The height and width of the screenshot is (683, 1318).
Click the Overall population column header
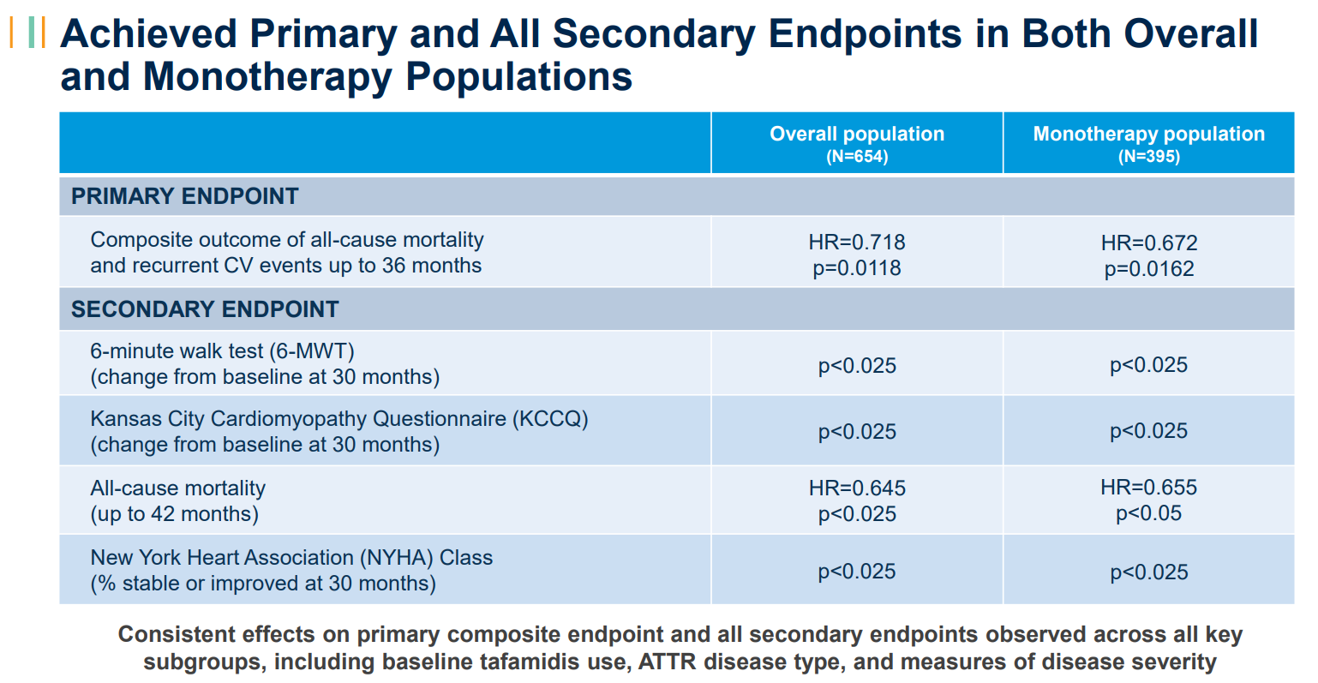coord(857,135)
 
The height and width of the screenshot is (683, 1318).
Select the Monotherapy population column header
coord(1148,135)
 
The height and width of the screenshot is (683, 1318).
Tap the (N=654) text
coord(857,157)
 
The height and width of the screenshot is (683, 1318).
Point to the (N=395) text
coord(1148,157)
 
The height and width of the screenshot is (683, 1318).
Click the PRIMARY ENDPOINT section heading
coord(185,196)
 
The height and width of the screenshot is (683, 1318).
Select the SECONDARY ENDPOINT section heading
coord(205,309)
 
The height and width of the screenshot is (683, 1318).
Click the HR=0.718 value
coord(857,242)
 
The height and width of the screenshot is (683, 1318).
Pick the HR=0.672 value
coord(1148,243)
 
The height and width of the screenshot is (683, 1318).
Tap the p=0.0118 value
coord(857,268)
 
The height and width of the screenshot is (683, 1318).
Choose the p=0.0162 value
coord(1148,269)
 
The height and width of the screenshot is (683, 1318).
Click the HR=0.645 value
coord(857,488)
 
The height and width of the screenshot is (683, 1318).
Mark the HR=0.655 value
coord(1148,487)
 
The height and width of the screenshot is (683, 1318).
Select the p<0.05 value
coord(1148,513)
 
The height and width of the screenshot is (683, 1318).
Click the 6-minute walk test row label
coord(223,351)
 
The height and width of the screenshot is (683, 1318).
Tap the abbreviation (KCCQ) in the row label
coord(550,419)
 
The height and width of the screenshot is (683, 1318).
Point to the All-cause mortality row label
coord(177,488)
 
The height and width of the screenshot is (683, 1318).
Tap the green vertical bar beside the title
coord(31,33)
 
